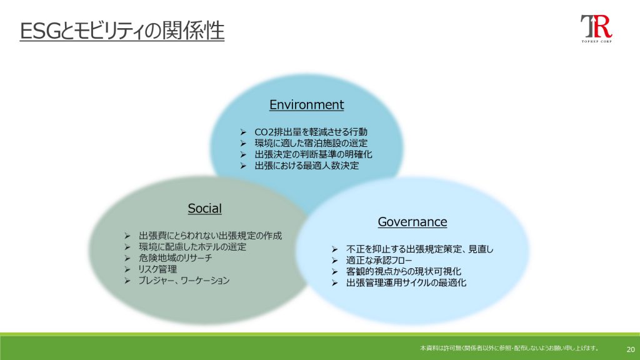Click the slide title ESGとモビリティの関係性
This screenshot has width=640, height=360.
click(x=122, y=31)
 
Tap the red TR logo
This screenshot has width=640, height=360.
click(x=596, y=29)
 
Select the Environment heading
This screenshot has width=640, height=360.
click(x=306, y=105)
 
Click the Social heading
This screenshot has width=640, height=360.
click(x=204, y=209)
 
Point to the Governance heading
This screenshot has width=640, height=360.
click(x=412, y=222)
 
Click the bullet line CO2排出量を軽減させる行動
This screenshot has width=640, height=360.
click(x=311, y=132)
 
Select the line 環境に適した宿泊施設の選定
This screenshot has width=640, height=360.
click(x=311, y=143)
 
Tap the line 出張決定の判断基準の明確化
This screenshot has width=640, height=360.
click(x=313, y=154)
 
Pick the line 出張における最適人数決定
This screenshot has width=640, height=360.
click(x=306, y=165)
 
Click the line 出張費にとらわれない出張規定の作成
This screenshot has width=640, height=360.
click(x=210, y=236)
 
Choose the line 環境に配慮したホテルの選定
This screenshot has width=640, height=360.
click(x=192, y=246)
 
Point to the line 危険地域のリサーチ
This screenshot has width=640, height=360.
click(x=175, y=258)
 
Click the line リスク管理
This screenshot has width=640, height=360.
click(x=157, y=269)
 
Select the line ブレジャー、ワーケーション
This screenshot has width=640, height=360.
click(x=184, y=281)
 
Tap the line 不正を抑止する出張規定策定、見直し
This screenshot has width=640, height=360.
click(x=419, y=249)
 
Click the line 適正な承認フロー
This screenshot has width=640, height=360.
click(x=379, y=260)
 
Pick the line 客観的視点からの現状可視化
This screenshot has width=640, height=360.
click(x=404, y=271)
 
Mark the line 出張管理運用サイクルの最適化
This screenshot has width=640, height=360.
click(x=406, y=282)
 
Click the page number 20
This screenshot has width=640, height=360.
click(x=631, y=349)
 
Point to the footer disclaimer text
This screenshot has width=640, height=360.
click(x=509, y=348)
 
